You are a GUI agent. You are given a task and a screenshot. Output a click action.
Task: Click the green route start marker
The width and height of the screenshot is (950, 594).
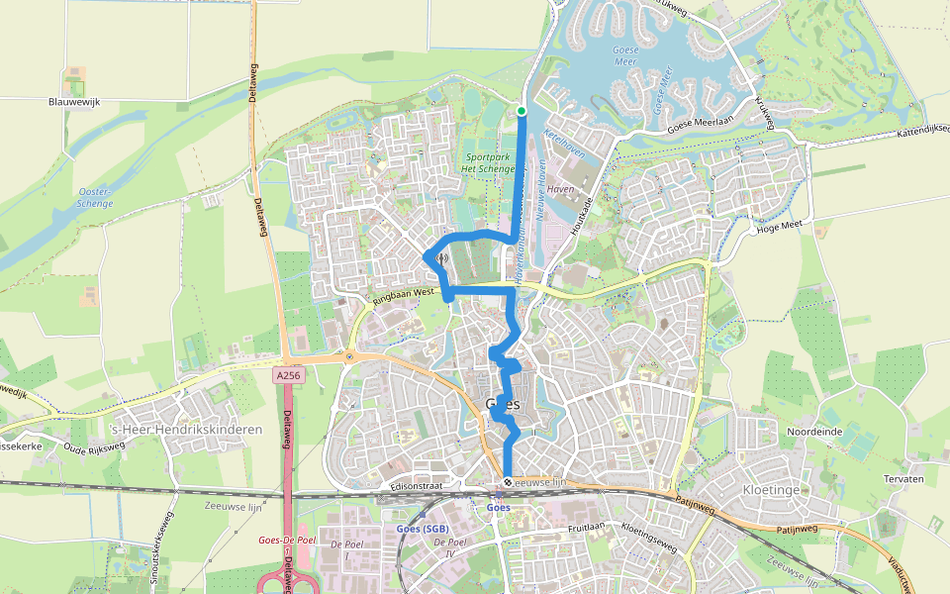521,111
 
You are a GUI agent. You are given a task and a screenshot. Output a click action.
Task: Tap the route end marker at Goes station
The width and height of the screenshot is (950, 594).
508,483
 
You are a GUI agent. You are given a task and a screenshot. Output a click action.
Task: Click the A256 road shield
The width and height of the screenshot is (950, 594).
287,375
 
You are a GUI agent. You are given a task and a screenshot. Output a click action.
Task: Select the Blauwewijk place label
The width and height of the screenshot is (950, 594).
75,101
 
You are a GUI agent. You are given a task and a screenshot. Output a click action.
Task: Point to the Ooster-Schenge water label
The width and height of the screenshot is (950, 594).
94,197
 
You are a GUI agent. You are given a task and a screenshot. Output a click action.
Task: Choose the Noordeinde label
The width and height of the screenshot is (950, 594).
813,432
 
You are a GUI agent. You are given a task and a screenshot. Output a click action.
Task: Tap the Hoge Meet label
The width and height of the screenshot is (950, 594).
779,228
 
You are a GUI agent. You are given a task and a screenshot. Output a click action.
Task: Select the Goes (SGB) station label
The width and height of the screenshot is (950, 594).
423,529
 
